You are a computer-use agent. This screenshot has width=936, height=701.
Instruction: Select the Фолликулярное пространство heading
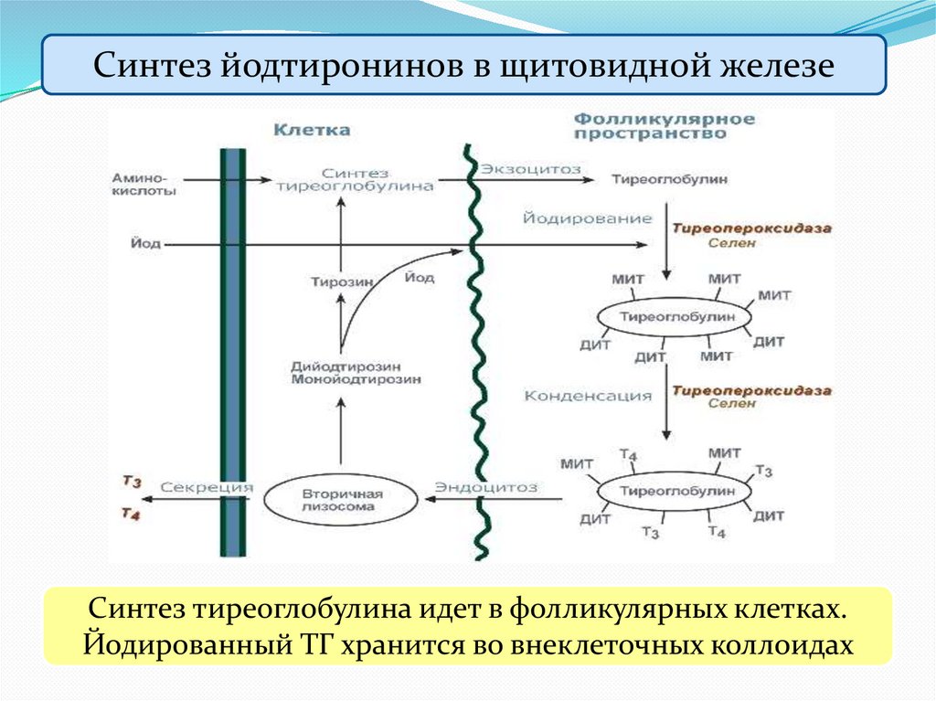point(664,126)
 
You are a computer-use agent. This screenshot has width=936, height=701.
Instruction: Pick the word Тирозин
point(342,282)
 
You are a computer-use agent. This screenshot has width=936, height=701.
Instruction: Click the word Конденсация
point(588,396)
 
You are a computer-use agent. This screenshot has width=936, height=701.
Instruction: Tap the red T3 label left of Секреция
point(131,481)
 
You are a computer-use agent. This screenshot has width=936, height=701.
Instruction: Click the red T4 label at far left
point(131,514)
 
